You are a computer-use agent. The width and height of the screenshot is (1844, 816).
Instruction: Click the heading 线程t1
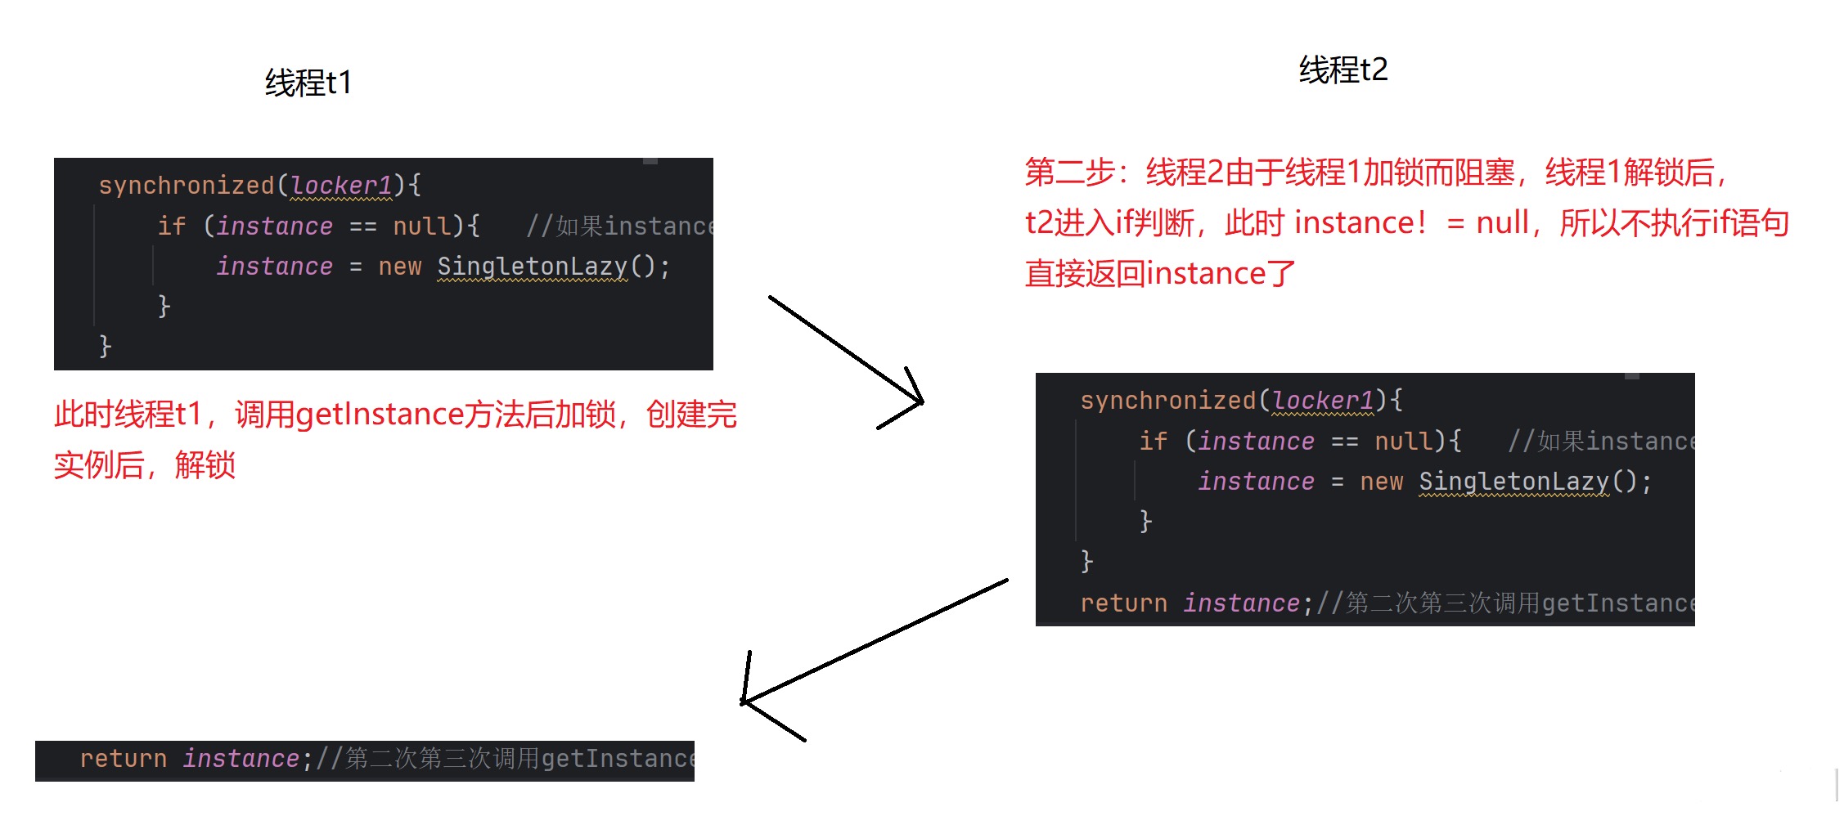pyautogui.click(x=308, y=83)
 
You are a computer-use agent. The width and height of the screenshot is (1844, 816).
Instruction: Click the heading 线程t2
pyautogui.click(x=1343, y=69)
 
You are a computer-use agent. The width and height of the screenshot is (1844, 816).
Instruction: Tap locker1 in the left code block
pyautogui.click(x=340, y=186)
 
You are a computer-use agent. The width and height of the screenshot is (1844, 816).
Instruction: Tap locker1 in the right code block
pyautogui.click(x=1322, y=401)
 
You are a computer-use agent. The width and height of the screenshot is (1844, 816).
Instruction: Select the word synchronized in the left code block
pyautogui.click(x=186, y=186)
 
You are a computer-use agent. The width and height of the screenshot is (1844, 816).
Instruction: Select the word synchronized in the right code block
pyautogui.click(x=1167, y=401)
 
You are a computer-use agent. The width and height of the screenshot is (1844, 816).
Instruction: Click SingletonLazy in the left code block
pyautogui.click(x=532, y=267)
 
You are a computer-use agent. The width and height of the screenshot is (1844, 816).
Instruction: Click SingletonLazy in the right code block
pyautogui.click(x=1513, y=482)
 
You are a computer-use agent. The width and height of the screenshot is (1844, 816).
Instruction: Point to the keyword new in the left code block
pyautogui.click(x=399, y=267)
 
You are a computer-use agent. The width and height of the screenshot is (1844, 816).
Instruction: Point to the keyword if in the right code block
pyautogui.click(x=1153, y=442)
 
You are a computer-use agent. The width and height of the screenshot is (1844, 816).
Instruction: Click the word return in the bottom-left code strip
pyautogui.click(x=123, y=759)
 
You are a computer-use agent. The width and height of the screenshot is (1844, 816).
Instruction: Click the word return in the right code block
pyautogui.click(x=1123, y=603)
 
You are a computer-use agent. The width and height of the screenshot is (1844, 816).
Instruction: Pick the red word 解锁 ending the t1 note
pyautogui.click(x=205, y=465)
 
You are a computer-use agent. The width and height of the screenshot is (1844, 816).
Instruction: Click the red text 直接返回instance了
pyautogui.click(x=1160, y=274)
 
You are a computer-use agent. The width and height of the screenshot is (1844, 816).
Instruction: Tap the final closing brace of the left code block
pyautogui.click(x=105, y=346)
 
